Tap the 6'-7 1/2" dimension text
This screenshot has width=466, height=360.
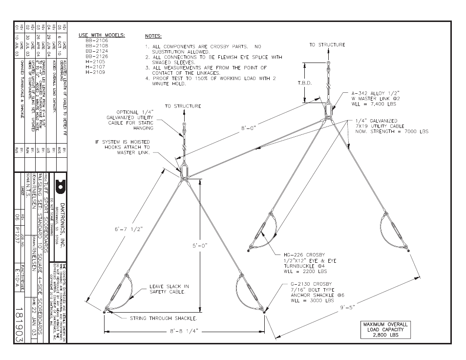(x=128, y=230)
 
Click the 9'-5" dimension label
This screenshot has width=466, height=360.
(x=345, y=307)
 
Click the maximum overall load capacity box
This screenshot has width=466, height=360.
(x=385, y=330)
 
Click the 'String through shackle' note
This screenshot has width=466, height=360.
(x=163, y=318)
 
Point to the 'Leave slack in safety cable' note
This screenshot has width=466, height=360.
(x=169, y=289)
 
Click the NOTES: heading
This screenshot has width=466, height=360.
(x=153, y=36)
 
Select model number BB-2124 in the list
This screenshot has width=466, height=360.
(x=97, y=51)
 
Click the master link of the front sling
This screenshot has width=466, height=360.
(x=184, y=172)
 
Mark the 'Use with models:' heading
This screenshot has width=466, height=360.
(x=102, y=35)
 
